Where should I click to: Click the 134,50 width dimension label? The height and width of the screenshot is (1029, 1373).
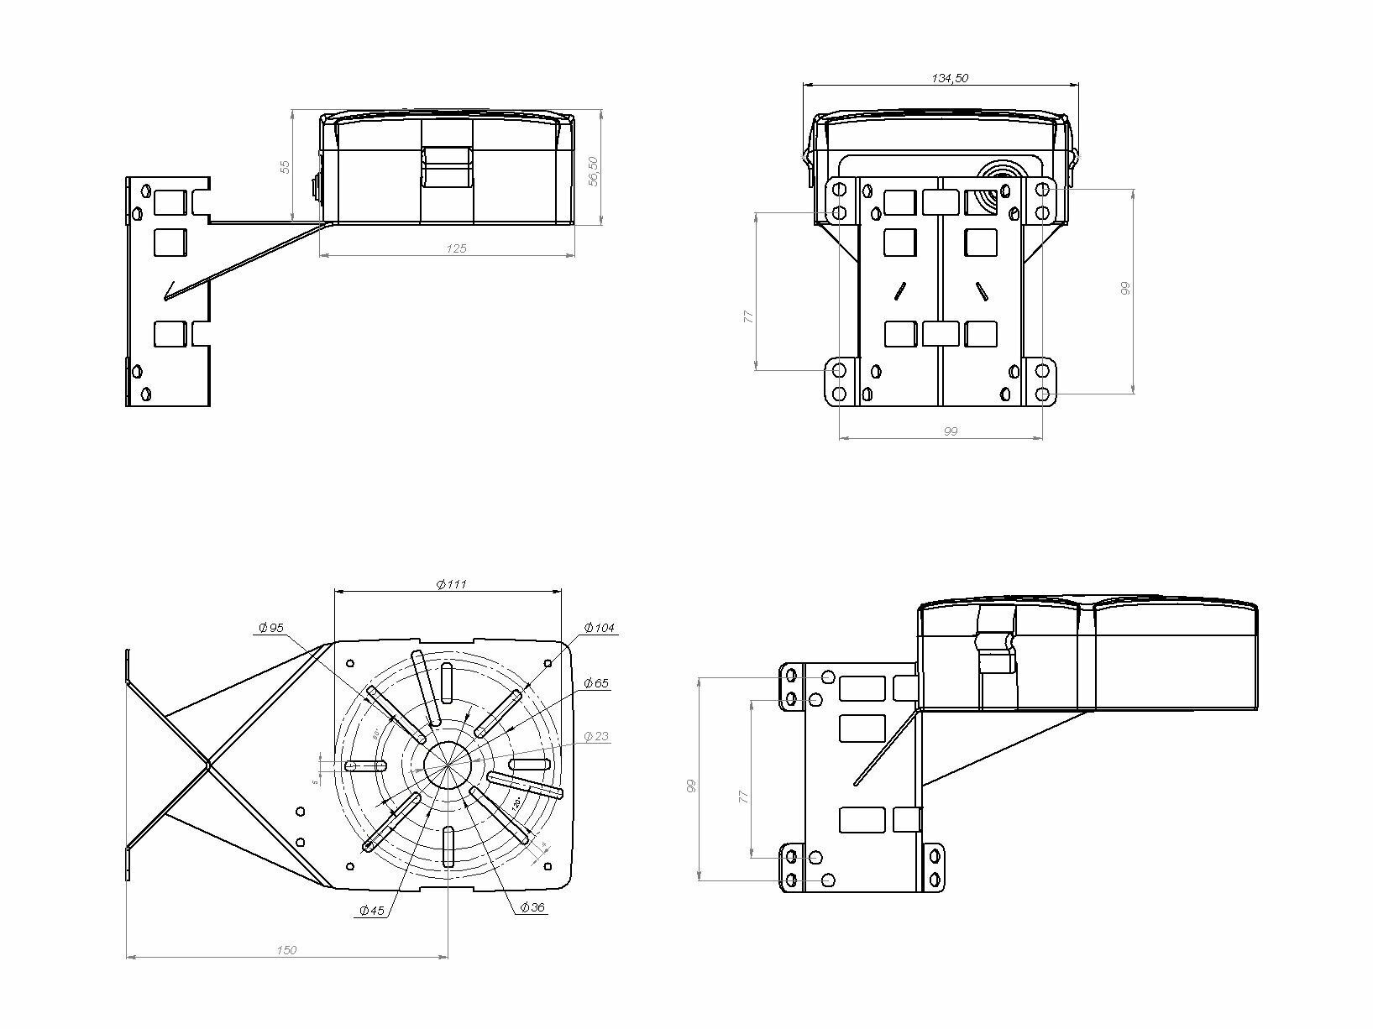(x=951, y=78)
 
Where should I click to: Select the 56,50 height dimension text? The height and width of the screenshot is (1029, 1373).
(x=593, y=171)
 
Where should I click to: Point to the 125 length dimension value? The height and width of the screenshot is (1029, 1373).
(x=456, y=248)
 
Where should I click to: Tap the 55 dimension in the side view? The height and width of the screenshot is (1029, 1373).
(x=285, y=166)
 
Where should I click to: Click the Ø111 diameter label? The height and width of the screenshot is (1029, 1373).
(x=452, y=584)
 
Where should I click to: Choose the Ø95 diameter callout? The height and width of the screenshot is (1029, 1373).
(x=272, y=627)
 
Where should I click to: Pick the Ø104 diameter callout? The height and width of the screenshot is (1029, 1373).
(x=600, y=627)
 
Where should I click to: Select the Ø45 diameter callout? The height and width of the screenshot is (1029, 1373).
(x=371, y=910)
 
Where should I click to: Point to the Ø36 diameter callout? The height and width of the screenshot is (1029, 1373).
(x=532, y=907)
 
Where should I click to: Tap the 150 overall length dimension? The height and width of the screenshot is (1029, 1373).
(x=286, y=950)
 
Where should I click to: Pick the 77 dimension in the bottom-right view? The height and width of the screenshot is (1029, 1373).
(x=743, y=797)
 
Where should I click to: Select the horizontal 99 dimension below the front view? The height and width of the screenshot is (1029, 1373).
(x=950, y=431)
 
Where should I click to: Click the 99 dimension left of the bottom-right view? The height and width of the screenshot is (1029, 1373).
(x=690, y=786)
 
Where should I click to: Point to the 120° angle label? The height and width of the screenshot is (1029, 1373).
(x=517, y=803)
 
